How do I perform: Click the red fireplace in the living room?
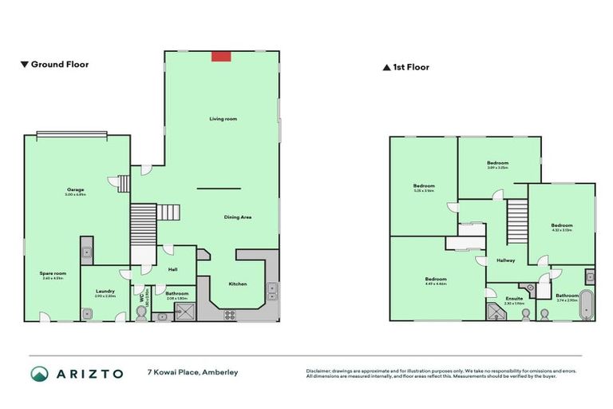click(x=221, y=56)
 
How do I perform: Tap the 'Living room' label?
click(x=223, y=118)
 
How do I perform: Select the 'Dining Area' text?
click(x=237, y=216)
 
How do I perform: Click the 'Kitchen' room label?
click(x=238, y=284)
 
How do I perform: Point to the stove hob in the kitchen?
click(x=231, y=312)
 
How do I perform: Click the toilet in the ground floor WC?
click(x=141, y=314)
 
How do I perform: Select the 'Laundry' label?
click(x=105, y=291)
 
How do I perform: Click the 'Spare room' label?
click(x=53, y=273)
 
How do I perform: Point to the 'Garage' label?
click(x=76, y=189)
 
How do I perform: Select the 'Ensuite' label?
click(x=513, y=298)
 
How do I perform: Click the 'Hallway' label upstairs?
click(x=505, y=260)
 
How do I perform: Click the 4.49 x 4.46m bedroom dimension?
click(x=436, y=284)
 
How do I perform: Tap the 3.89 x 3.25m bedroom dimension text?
click(x=497, y=168)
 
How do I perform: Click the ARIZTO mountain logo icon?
click(x=40, y=374)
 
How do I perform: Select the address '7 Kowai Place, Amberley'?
click(x=192, y=372)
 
